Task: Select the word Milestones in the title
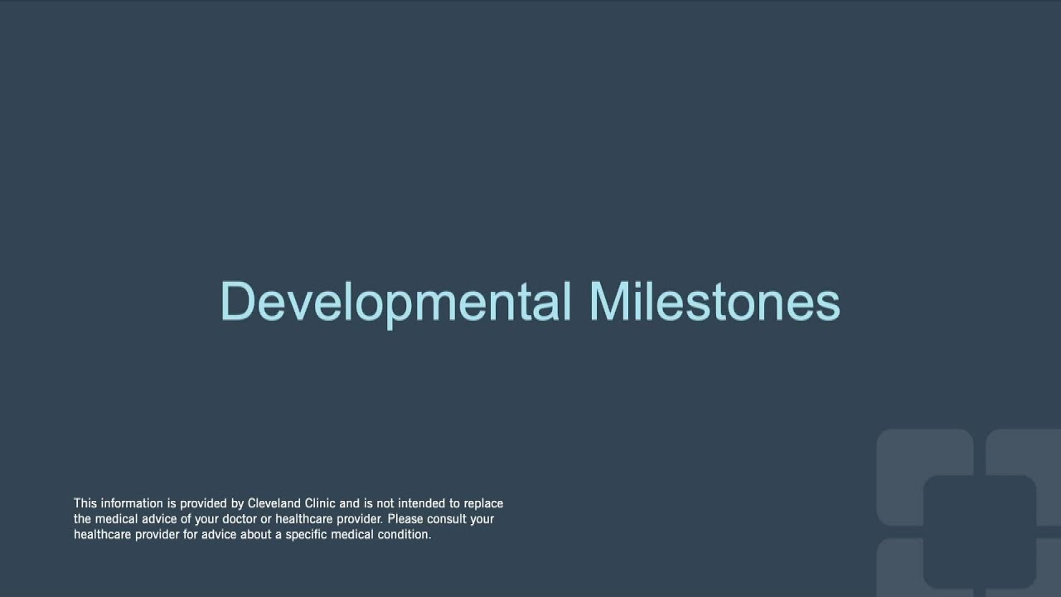point(715,302)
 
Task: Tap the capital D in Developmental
point(237,302)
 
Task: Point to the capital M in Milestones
point(609,302)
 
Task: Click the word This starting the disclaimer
point(85,503)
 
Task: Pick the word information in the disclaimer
point(130,503)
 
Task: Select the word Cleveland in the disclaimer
point(274,503)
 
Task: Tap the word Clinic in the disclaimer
point(319,503)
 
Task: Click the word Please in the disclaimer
point(405,519)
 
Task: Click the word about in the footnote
point(254,535)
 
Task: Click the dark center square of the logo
point(979,531)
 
